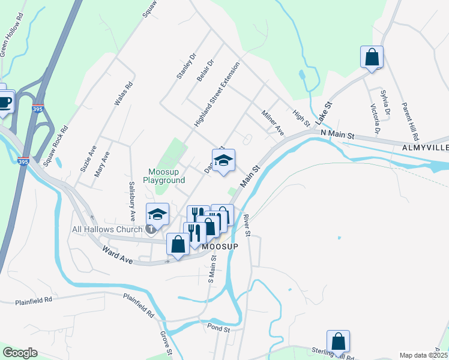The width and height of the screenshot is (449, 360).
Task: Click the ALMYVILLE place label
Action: click(425, 148)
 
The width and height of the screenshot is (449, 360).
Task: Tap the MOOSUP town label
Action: click(220, 247)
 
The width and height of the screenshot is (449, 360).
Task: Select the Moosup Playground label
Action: click(163, 175)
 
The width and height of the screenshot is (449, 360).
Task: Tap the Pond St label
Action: click(219, 329)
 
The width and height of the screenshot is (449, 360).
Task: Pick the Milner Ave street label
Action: click(272, 122)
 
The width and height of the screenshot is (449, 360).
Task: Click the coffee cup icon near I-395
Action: click(4, 101)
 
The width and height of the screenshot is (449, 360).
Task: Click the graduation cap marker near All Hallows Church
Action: click(157, 214)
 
